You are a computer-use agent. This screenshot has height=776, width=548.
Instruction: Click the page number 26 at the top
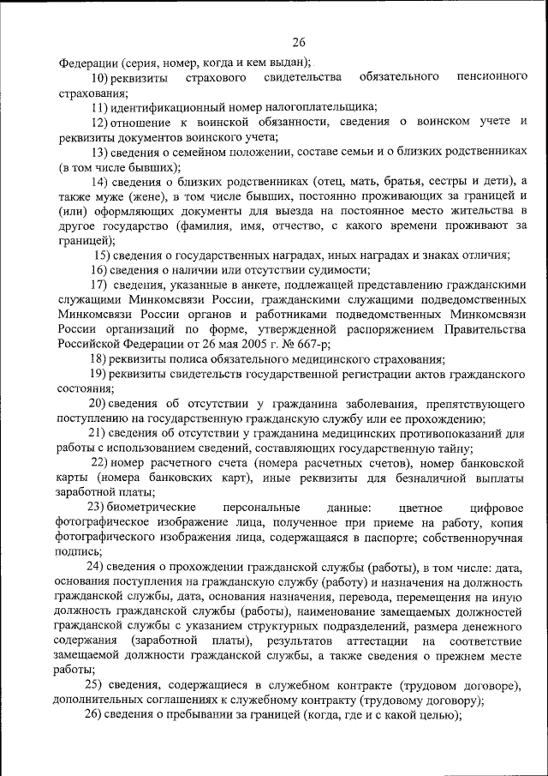pyautogui.click(x=299, y=42)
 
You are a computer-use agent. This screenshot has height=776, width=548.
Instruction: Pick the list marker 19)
pyautogui.click(x=100, y=375)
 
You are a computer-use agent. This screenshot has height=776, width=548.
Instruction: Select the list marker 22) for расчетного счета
pyautogui.click(x=103, y=464)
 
